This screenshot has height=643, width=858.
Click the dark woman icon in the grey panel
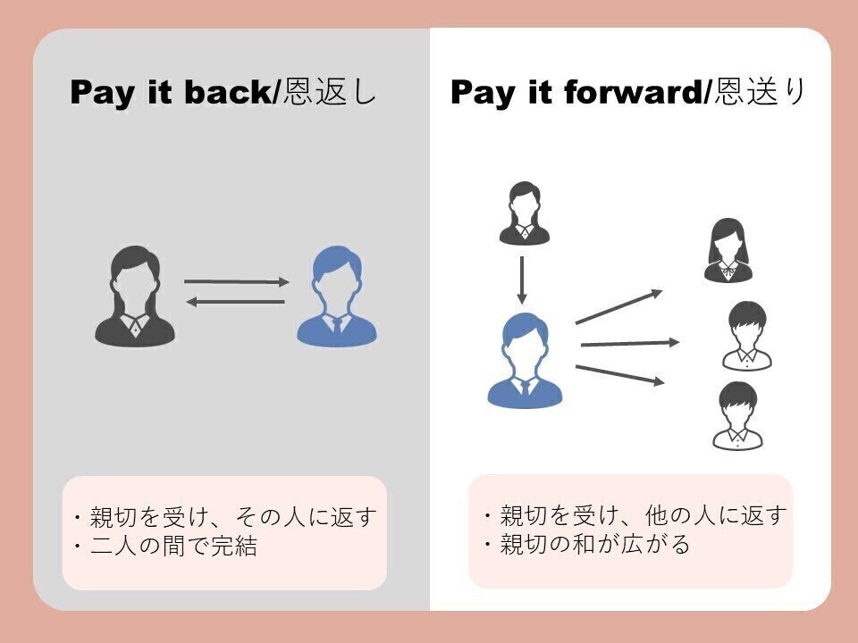tap(134, 297)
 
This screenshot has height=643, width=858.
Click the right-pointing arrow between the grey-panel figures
tap(237, 282)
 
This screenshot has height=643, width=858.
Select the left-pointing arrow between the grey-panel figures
tap(235, 302)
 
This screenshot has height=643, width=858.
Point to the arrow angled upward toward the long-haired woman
tap(618, 306)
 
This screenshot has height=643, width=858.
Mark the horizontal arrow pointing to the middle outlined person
tap(629, 343)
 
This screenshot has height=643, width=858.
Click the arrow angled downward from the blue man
tap(620, 375)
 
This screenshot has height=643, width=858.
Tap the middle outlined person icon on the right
tap(745, 336)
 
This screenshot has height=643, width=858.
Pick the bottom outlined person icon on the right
tap(737, 416)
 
